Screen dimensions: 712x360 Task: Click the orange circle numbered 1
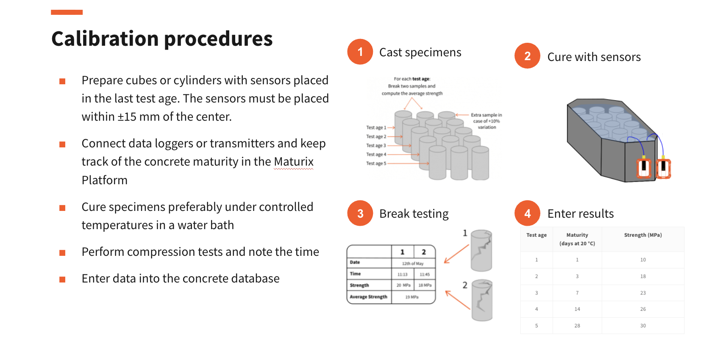[360, 52]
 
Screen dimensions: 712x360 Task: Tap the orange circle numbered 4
[527, 213]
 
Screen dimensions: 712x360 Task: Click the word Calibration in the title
[105, 39]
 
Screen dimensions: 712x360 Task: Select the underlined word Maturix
[293, 162]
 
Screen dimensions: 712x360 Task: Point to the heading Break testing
[414, 213]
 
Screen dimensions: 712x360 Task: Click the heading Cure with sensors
[594, 57]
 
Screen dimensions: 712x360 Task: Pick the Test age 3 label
[375, 146]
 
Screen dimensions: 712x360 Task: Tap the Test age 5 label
[376, 163]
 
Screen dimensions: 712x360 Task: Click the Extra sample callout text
[487, 121]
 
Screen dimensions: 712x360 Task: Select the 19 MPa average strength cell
[412, 297]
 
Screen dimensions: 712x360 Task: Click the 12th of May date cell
[413, 263]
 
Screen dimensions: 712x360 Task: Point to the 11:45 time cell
[425, 274]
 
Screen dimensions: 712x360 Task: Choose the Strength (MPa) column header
[642, 235]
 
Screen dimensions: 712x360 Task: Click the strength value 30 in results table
[643, 326]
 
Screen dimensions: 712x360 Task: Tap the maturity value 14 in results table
[577, 309]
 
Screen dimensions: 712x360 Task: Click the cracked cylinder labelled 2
[482, 300]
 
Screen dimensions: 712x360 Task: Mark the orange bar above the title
[67, 12]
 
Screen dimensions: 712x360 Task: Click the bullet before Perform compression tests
[62, 253]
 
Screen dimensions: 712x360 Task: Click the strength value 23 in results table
[643, 293]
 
